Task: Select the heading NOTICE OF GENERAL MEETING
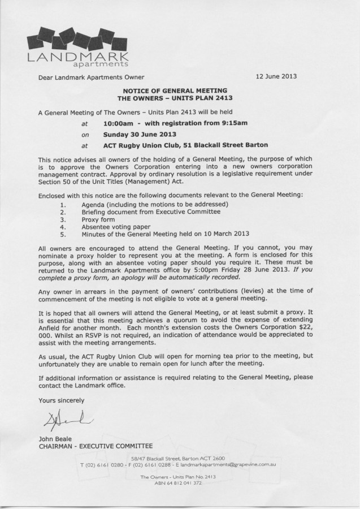tap(179, 90)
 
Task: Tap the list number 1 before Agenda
tap(63, 204)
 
